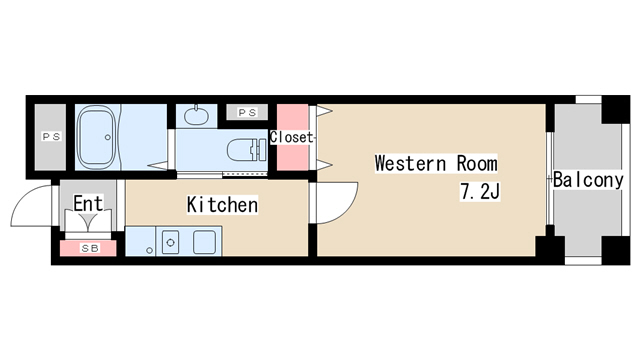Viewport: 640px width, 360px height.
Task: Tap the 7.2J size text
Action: pyautogui.click(x=480, y=191)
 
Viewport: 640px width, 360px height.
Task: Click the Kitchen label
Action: pyautogui.click(x=223, y=205)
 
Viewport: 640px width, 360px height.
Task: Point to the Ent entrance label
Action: pyautogui.click(x=88, y=203)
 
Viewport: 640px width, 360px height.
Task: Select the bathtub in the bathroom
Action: pyautogui.click(x=100, y=138)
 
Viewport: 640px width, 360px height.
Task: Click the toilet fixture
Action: pyautogui.click(x=241, y=151)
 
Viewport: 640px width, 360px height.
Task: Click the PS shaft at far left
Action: pyautogui.click(x=50, y=136)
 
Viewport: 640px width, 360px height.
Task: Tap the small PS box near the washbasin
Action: pyautogui.click(x=244, y=113)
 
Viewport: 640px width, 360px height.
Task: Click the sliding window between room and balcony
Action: pyautogui.click(x=549, y=180)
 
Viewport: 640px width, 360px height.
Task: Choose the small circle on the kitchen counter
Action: pyautogui.click(x=149, y=250)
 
